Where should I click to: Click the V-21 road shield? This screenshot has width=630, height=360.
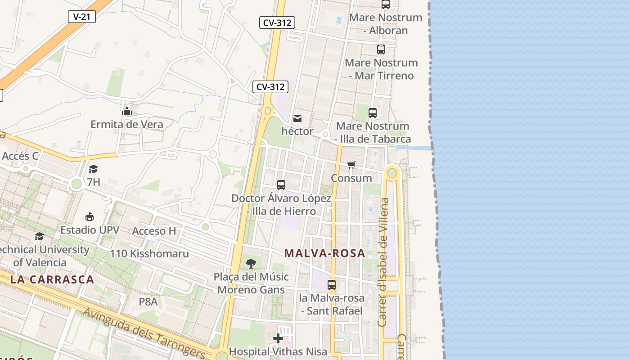click(82, 17)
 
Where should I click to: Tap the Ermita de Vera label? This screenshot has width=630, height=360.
click(127, 124)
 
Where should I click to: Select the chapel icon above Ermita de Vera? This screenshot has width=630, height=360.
click(127, 111)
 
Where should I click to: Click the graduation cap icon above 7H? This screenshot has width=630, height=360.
click(93, 169)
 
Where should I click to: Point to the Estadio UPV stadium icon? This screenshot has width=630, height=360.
click(90, 216)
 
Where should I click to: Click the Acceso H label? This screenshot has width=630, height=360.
click(154, 231)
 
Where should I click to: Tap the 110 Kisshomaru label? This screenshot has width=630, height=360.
click(149, 253)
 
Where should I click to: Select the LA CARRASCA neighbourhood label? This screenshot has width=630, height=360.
click(52, 279)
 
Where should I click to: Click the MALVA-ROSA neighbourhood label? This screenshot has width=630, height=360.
click(325, 253)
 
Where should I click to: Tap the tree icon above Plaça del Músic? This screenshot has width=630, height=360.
click(251, 264)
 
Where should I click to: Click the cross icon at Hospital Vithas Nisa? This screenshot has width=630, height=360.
click(279, 338)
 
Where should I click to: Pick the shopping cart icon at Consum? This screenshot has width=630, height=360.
click(351, 165)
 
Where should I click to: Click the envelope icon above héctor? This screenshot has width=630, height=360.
click(297, 118)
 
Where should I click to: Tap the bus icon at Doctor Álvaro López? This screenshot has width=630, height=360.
click(281, 184)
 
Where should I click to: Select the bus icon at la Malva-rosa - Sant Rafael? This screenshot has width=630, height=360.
click(332, 284)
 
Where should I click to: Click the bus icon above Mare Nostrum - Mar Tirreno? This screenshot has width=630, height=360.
click(381, 49)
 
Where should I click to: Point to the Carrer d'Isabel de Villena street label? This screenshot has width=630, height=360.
click(383, 262)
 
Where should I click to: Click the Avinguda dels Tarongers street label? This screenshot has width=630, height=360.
click(144, 332)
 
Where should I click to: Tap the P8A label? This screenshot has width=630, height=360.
click(148, 301)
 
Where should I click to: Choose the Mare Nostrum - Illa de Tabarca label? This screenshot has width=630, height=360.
click(373, 132)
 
